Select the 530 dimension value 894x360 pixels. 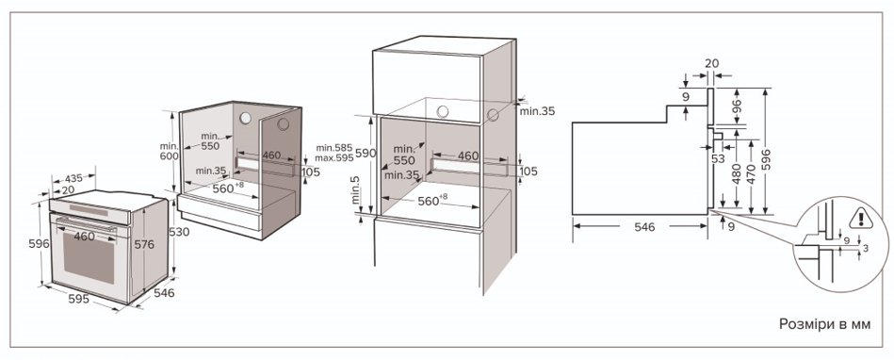(x=180, y=232)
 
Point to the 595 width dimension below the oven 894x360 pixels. (x=79, y=299)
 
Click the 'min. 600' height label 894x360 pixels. (x=170, y=151)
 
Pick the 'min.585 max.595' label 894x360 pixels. (x=334, y=153)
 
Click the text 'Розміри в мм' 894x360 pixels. (x=825, y=324)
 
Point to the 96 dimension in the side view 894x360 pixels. (x=737, y=106)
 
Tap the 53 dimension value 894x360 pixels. (x=718, y=159)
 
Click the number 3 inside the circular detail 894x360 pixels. (x=866, y=248)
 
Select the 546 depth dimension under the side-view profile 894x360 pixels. (x=644, y=227)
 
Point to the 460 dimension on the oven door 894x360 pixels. (x=85, y=236)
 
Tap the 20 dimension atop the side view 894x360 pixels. (x=711, y=63)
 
